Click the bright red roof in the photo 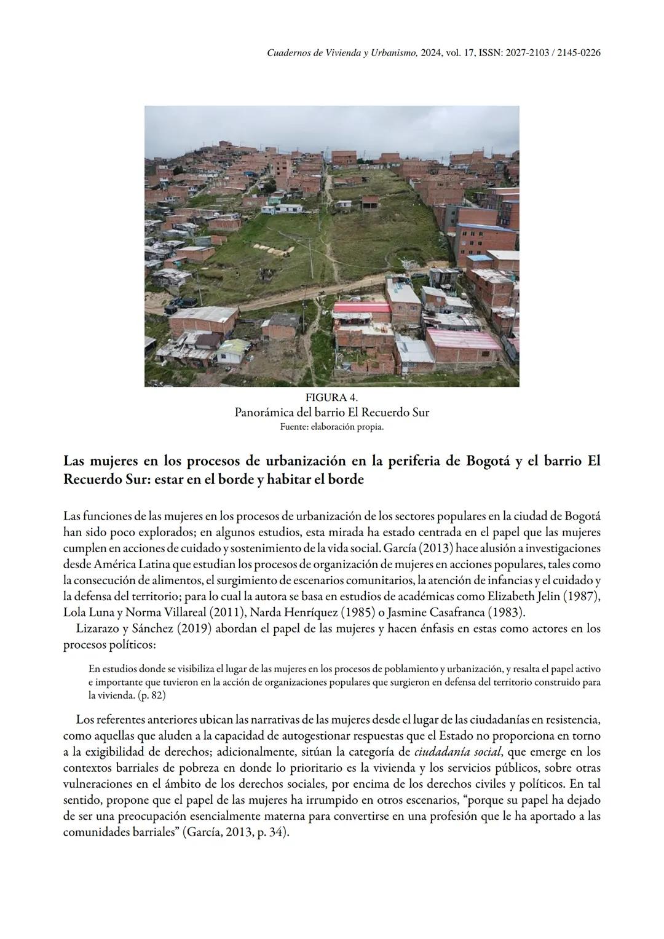point(363,307)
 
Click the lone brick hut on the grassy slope point(370,201)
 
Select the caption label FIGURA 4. point(331,397)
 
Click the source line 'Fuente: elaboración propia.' point(331,427)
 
